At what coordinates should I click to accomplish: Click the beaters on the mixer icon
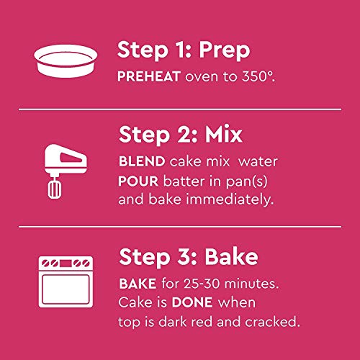[x=54, y=189]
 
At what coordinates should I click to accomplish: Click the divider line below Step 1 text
[x=180, y=110]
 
